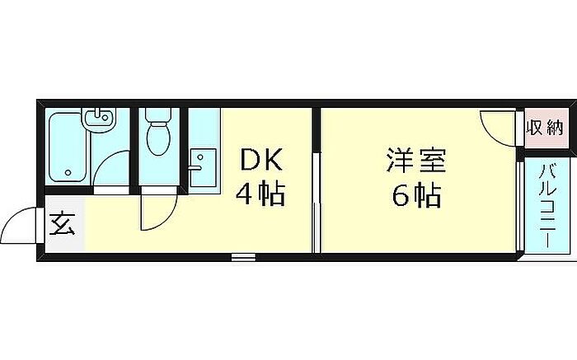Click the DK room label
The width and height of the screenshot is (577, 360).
[261, 159]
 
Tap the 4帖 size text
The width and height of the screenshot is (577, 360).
[260, 195]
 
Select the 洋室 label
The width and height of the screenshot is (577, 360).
[415, 159]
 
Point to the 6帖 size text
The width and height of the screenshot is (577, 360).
[415, 195]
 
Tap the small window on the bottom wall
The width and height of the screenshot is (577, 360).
[243, 258]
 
